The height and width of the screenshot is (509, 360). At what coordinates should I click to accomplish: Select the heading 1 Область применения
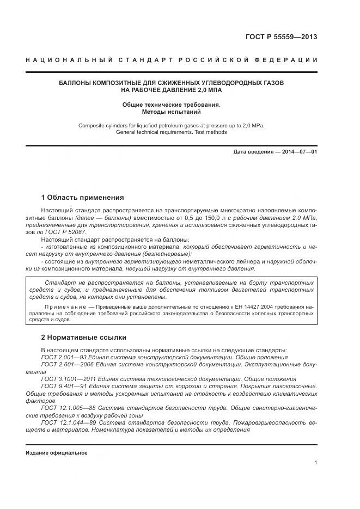[83, 197]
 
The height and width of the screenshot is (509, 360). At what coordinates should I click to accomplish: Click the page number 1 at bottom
[315, 462]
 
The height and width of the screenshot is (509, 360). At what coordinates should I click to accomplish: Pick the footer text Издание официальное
[57, 453]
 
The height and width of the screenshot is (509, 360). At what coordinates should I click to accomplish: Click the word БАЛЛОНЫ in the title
[76, 83]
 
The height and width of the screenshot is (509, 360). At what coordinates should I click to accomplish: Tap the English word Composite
[92, 125]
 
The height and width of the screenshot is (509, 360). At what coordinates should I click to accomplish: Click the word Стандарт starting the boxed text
[59, 284]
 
